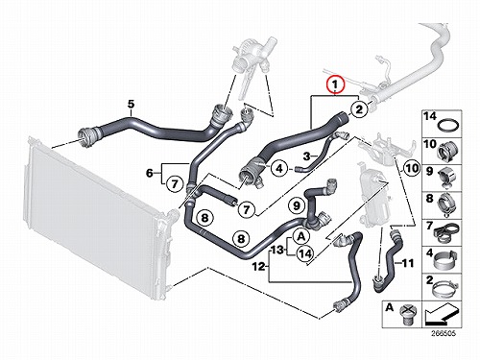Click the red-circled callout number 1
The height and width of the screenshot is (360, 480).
[335, 85]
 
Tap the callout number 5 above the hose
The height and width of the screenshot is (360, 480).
[131, 104]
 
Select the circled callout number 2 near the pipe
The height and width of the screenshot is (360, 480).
[359, 109]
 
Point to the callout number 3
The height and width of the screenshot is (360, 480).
[306, 156]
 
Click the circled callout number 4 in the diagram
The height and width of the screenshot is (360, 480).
[279, 168]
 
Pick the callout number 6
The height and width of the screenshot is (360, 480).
[150, 173]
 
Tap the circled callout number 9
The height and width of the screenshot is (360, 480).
[297, 204]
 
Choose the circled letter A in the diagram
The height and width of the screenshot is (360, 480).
[301, 236]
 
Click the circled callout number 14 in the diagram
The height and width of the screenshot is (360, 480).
[305, 253]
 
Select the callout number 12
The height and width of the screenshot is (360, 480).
[259, 266]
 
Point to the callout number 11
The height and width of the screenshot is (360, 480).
[408, 263]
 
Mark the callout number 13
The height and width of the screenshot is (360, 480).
[277, 250]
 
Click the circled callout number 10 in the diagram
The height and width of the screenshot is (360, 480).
[412, 168]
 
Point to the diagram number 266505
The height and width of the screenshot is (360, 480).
[444, 333]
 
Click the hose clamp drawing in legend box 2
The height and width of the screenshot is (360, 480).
[445, 288]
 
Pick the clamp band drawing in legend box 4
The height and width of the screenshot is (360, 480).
[444, 260]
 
